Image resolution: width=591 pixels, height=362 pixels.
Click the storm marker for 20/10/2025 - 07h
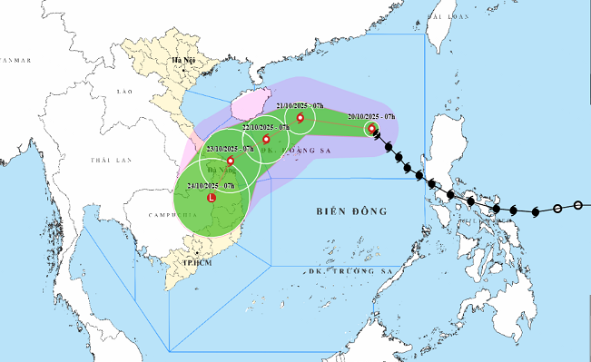[x=372, y=129]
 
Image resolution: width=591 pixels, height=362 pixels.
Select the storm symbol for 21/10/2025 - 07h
[x=300, y=117]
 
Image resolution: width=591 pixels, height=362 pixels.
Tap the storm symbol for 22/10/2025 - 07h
[x=266, y=140]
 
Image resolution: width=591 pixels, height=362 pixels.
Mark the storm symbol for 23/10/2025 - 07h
[x=230, y=161]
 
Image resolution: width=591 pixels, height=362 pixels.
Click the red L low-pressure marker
[x=212, y=197]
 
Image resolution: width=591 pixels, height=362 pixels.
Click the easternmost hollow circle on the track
[x=578, y=206]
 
